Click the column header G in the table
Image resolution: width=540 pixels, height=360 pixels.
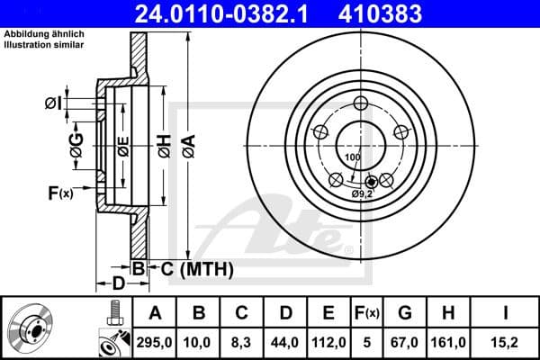click(x=406, y=313)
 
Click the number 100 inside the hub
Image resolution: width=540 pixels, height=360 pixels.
click(x=352, y=157)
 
